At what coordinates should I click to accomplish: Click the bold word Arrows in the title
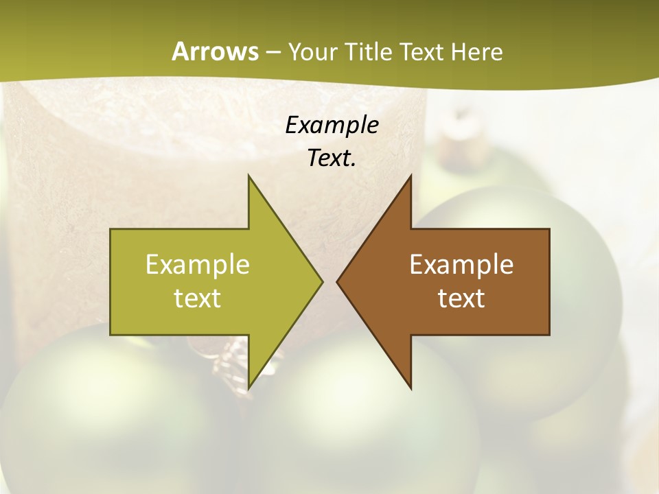click(215, 51)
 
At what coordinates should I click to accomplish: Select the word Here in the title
click(477, 51)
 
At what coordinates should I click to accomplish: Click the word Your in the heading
click(313, 51)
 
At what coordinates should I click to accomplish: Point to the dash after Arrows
click(273, 52)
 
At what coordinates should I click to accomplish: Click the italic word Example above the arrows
click(332, 125)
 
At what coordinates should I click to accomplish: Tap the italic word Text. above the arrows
click(332, 158)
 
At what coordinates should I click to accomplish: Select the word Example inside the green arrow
click(197, 265)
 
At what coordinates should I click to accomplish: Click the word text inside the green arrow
click(197, 298)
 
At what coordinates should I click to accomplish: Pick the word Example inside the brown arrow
click(461, 265)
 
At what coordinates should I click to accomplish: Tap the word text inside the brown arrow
click(461, 298)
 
